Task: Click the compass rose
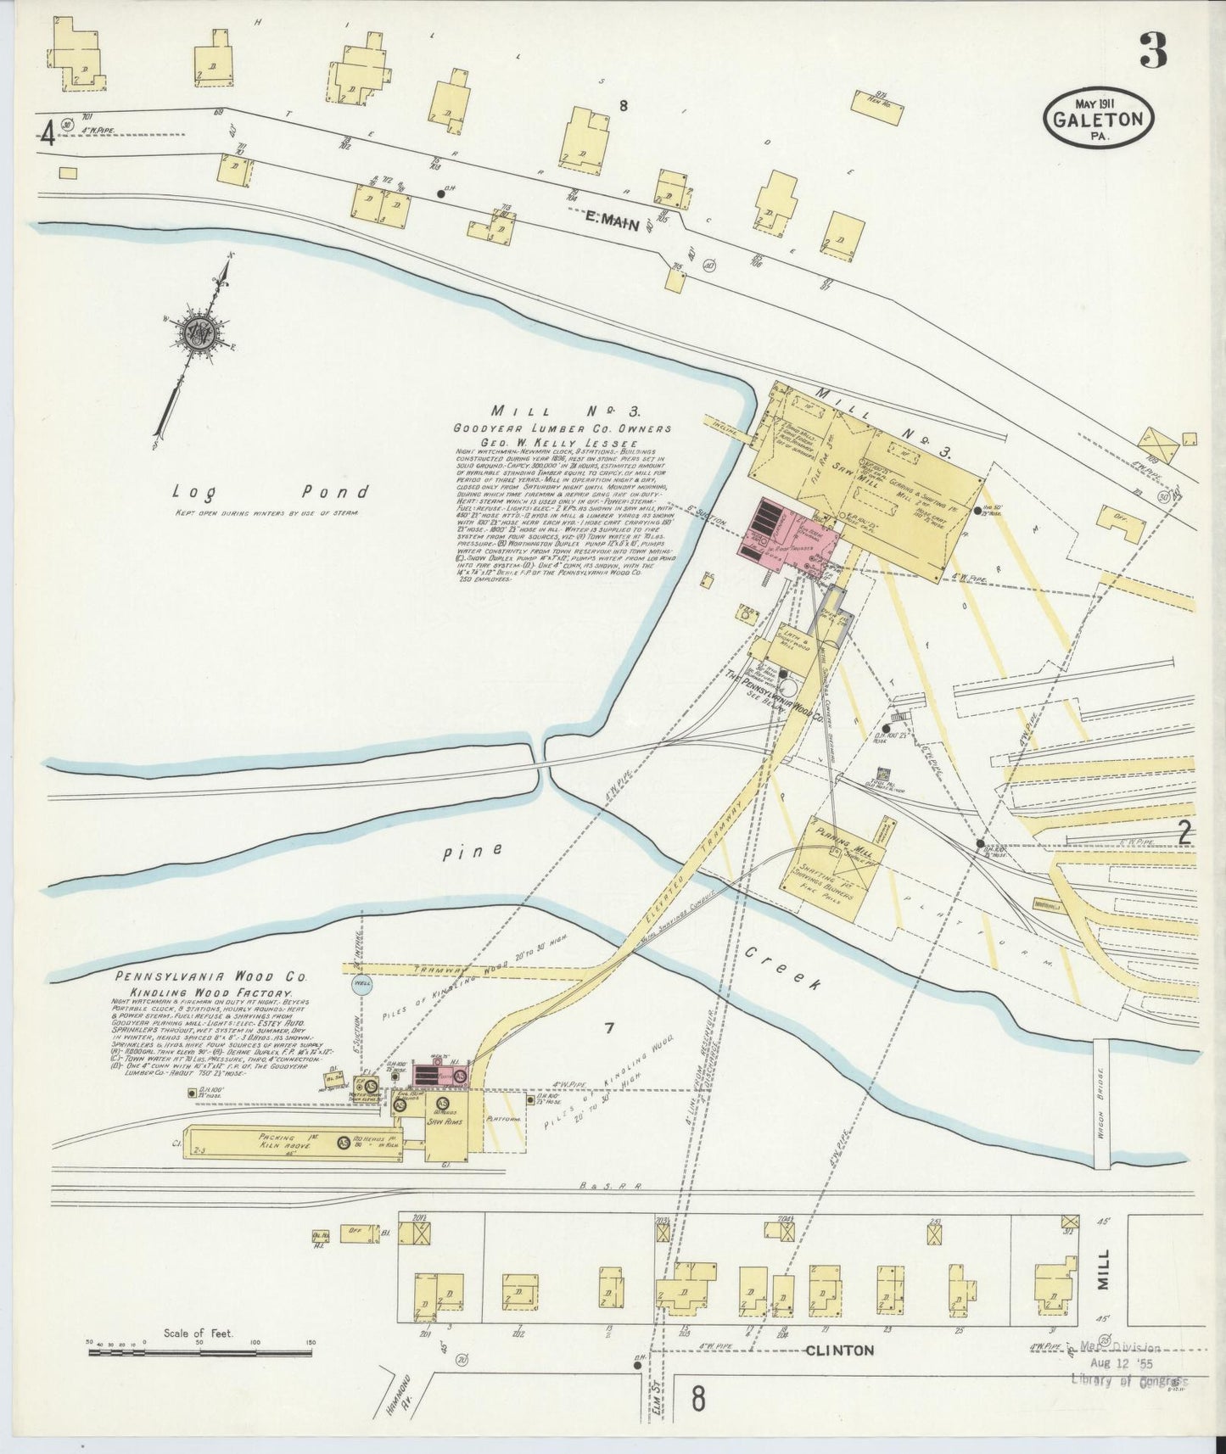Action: point(204,333)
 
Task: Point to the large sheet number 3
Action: point(1152,53)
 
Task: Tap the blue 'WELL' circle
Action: point(361,986)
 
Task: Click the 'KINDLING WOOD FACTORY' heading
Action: point(210,993)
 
